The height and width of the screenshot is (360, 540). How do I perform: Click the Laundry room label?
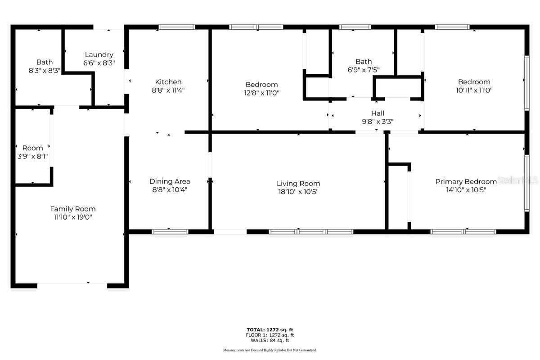99,55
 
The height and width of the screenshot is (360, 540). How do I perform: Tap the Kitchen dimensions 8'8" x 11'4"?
168,90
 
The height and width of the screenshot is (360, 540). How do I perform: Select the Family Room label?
73,209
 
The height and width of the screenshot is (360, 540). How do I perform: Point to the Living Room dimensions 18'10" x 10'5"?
298,192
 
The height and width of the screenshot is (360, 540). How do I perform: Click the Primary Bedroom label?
466,181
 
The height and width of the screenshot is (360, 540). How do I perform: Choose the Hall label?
378,113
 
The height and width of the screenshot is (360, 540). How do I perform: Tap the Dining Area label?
170,181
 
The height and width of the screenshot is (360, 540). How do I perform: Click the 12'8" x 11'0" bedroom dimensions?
261,93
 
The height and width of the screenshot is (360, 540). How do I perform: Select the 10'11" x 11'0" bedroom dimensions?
474,90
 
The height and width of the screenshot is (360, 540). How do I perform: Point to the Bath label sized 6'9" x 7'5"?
364,62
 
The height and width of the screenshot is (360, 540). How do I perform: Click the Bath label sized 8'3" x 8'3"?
45,62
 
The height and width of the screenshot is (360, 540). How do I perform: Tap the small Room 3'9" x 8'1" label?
32,148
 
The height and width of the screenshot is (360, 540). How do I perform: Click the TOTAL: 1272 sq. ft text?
270,329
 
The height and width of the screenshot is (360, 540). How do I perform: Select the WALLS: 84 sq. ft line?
270,341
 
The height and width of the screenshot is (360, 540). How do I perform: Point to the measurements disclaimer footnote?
270,350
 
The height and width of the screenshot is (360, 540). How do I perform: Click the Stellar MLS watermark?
517,180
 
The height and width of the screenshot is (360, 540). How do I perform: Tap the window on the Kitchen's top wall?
177,27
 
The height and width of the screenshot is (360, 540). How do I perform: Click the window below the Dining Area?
170,232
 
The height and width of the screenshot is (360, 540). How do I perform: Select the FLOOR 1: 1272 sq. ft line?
270,335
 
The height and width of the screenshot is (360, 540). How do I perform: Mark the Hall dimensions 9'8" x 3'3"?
378,121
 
